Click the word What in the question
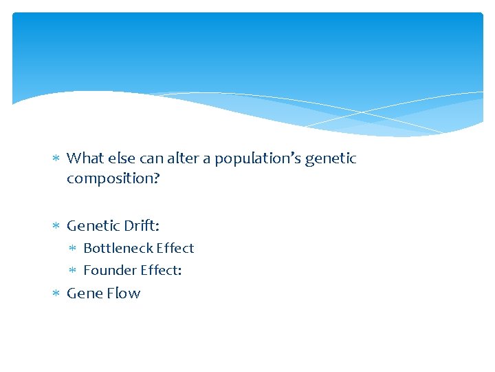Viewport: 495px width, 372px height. coord(85,158)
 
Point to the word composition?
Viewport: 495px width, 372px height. coord(113,178)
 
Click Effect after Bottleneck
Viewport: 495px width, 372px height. coord(175,248)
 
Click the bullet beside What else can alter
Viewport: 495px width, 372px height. coord(56,159)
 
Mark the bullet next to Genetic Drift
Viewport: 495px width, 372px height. coord(56,226)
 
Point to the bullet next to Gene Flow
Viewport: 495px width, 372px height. coord(56,294)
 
